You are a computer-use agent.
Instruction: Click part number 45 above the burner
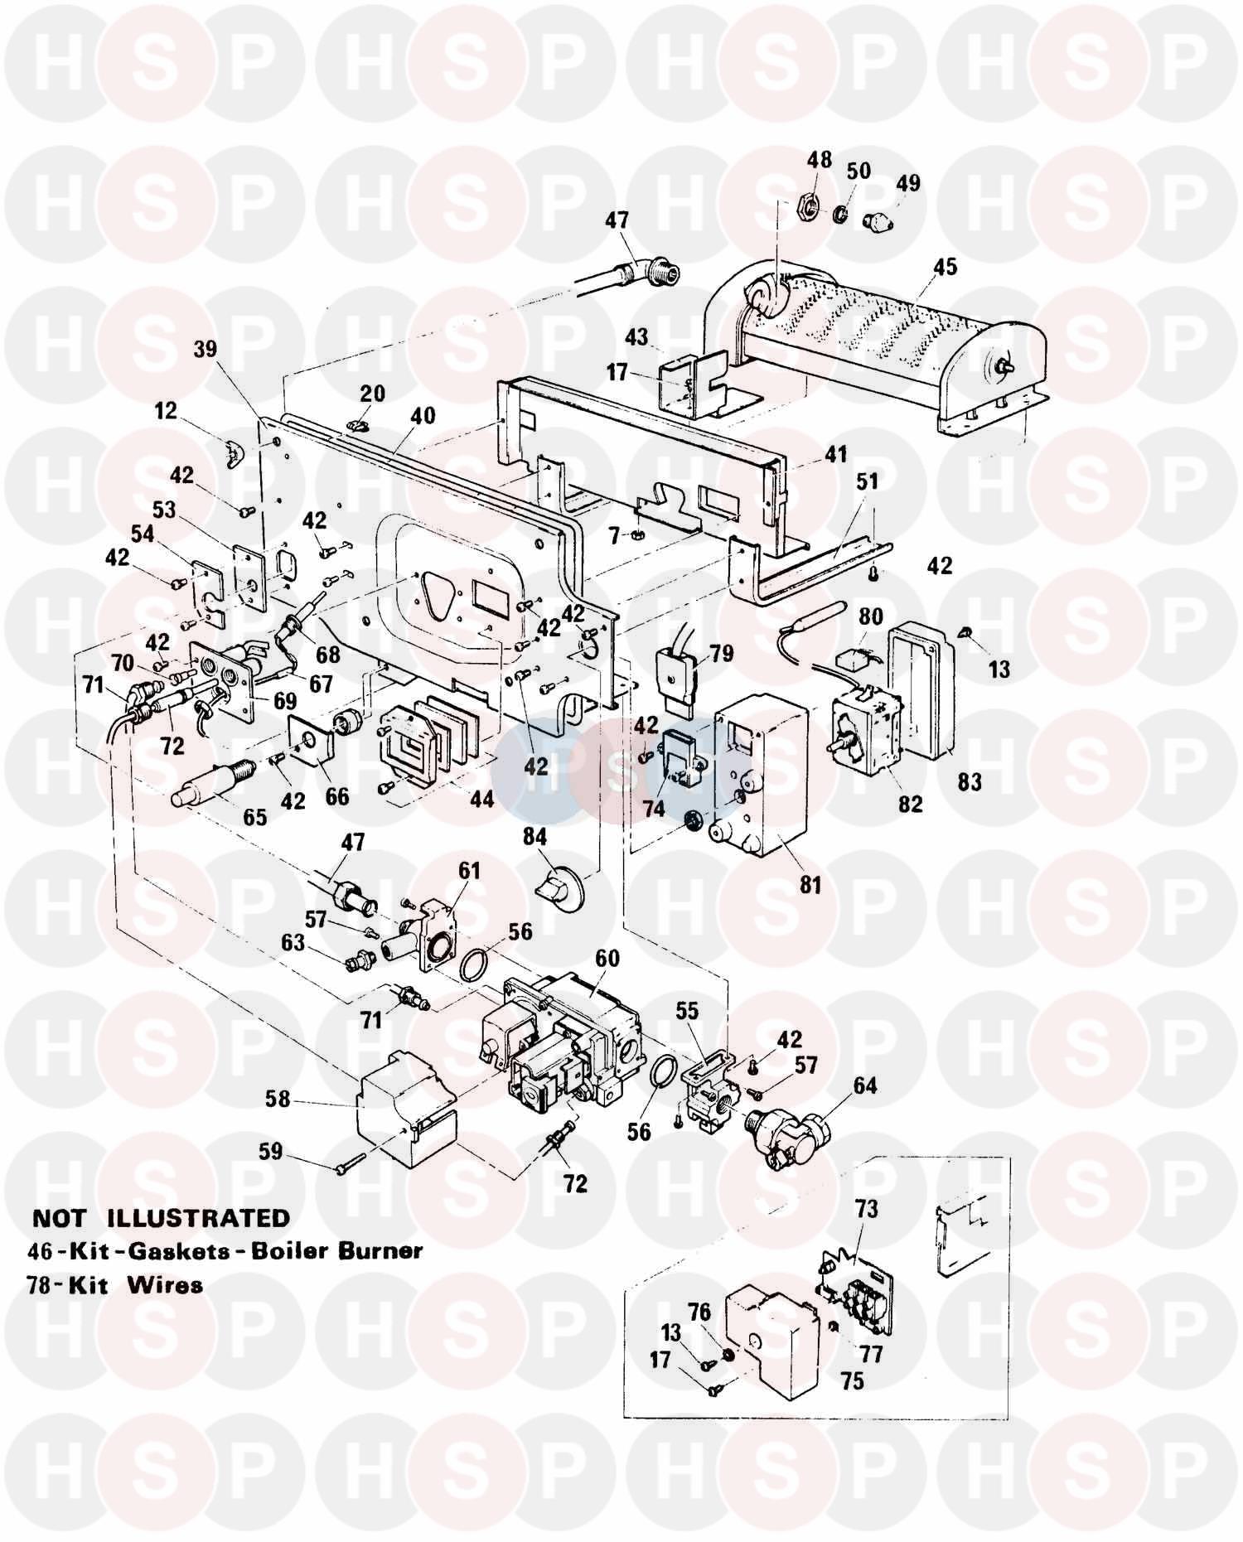tap(945, 267)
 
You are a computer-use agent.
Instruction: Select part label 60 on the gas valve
tap(607, 959)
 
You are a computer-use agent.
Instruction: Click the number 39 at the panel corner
tap(205, 349)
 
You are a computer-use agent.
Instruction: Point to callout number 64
tap(864, 1085)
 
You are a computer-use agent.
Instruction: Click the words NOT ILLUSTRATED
tap(161, 1218)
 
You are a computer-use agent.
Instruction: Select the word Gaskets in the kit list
tap(177, 1251)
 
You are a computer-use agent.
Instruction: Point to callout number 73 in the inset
tap(866, 1209)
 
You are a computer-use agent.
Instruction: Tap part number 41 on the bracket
tap(835, 454)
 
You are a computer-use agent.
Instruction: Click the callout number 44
tap(481, 798)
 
